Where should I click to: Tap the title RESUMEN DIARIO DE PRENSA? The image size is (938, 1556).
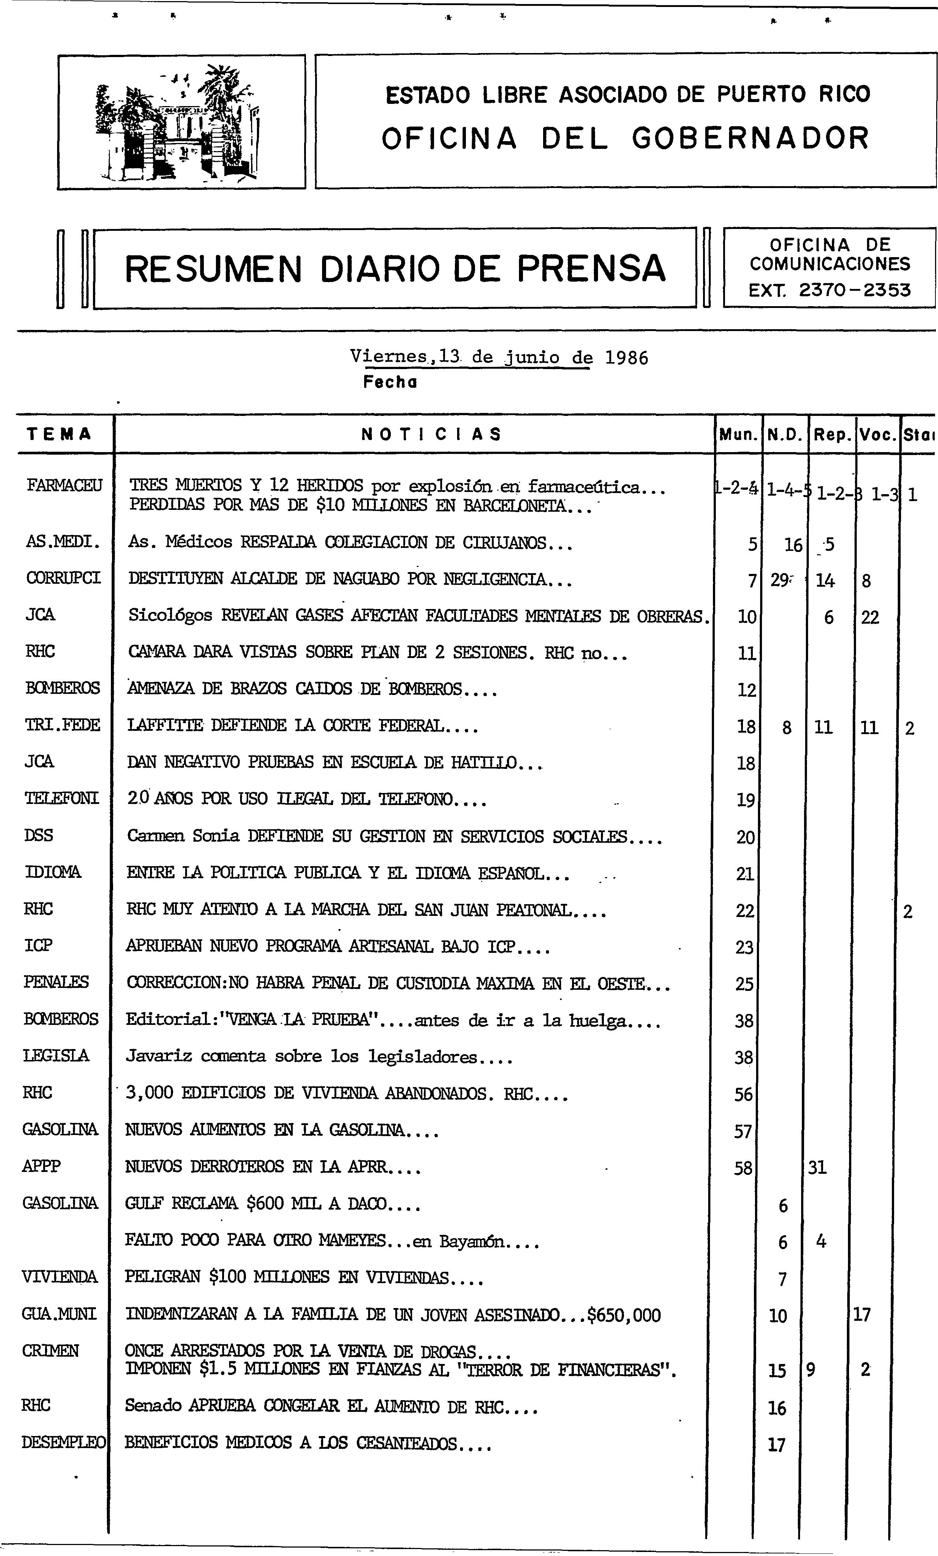[x=395, y=269]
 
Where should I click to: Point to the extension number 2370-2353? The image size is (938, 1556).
[x=854, y=290]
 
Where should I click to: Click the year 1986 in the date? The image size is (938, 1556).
[x=626, y=358]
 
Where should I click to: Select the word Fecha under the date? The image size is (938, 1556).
[x=390, y=382]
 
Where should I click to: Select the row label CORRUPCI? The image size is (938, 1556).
[x=63, y=578]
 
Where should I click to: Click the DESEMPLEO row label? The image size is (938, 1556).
[x=63, y=1443]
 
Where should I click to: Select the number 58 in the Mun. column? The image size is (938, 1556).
[x=743, y=1168]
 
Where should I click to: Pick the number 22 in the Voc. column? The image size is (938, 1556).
[x=870, y=617]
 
